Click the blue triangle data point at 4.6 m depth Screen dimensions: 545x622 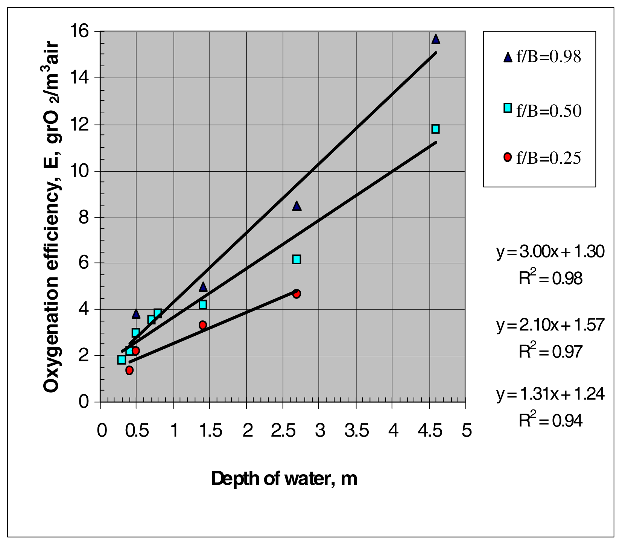click(436, 39)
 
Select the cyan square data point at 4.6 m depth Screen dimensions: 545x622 click(435, 129)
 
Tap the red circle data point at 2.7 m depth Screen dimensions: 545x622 click(297, 294)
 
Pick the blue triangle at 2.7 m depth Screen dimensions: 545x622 click(297, 206)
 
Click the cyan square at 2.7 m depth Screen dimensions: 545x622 click(297, 259)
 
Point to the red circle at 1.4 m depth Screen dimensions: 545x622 click(203, 325)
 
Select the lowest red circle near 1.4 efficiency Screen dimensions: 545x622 click(129, 370)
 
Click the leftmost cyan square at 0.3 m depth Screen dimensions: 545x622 click(122, 359)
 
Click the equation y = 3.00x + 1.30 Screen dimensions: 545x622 click(550, 251)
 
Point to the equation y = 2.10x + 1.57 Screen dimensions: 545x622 click(550, 325)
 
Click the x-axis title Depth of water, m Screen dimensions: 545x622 click(284, 479)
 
